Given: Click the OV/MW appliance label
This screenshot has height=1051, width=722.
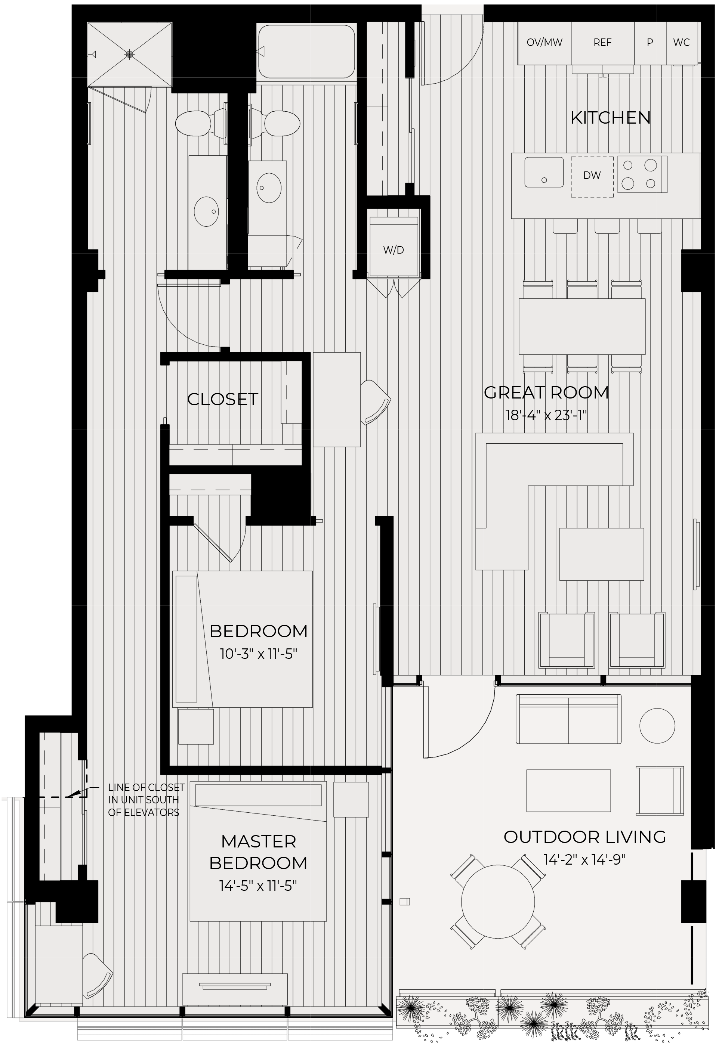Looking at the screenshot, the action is coord(544,43).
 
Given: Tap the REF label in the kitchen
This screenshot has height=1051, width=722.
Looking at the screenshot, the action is coord(602,43).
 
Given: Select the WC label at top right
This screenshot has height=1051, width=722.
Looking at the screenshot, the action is coord(681,43).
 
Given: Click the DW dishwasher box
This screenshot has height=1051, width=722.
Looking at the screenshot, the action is coord(592,177).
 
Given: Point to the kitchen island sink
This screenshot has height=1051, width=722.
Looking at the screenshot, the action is coord(544,172).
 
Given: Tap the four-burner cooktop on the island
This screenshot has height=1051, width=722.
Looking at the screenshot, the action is coord(642,174).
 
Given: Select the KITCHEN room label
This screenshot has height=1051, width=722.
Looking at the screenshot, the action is coord(610,118).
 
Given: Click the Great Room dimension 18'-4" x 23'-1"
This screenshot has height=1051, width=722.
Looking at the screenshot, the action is coord(546,416).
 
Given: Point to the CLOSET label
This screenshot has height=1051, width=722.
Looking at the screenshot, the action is coord(223,399).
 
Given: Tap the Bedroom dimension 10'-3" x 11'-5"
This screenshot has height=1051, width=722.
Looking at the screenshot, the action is coord(258,654).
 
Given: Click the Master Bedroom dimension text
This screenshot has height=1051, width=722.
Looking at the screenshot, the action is coord(258,886).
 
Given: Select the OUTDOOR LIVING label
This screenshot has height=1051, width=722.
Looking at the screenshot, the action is coord(584,837).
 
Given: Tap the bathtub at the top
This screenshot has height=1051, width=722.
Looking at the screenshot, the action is coord(306,51).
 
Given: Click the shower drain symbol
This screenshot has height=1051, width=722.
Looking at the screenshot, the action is coord(130,54).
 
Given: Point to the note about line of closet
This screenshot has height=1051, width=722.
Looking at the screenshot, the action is coord(146,800).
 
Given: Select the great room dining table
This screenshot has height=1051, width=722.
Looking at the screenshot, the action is coord(582,326).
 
